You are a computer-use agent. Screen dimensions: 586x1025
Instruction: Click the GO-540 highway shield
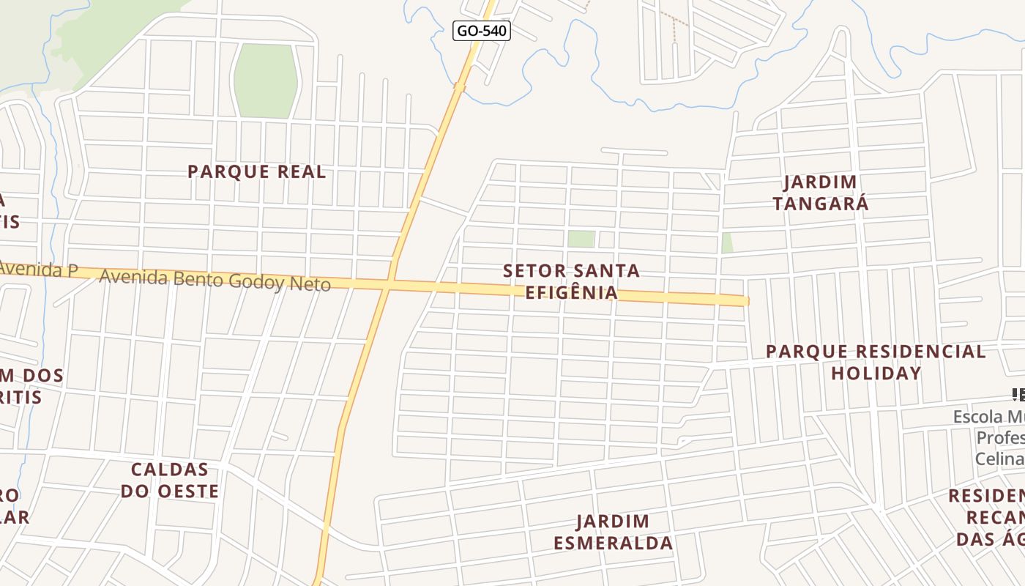(481, 31)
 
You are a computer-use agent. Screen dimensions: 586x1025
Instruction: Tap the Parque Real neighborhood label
(256, 172)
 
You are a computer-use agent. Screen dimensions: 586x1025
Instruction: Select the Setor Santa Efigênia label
(571, 282)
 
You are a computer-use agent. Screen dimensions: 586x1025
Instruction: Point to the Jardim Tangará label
(820, 193)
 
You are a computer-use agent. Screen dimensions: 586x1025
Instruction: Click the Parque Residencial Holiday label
(876, 362)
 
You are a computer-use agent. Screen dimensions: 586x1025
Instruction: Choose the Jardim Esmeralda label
(613, 532)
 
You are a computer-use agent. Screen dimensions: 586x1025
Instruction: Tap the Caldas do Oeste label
(170, 480)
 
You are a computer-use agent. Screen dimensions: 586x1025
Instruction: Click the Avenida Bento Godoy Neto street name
(215, 280)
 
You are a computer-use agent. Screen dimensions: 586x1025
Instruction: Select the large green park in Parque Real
(265, 81)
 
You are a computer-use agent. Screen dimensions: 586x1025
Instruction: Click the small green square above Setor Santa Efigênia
(581, 239)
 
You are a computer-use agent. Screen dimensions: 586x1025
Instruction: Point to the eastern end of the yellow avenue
(745, 300)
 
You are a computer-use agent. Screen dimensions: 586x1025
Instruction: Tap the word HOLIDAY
(876, 373)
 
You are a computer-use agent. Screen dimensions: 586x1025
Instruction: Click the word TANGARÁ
(820, 204)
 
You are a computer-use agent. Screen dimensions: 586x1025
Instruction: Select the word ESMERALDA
(613, 543)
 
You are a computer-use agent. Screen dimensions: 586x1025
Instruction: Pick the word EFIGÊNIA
(571, 293)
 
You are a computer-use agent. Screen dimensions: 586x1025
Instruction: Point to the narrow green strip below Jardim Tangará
(727, 242)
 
